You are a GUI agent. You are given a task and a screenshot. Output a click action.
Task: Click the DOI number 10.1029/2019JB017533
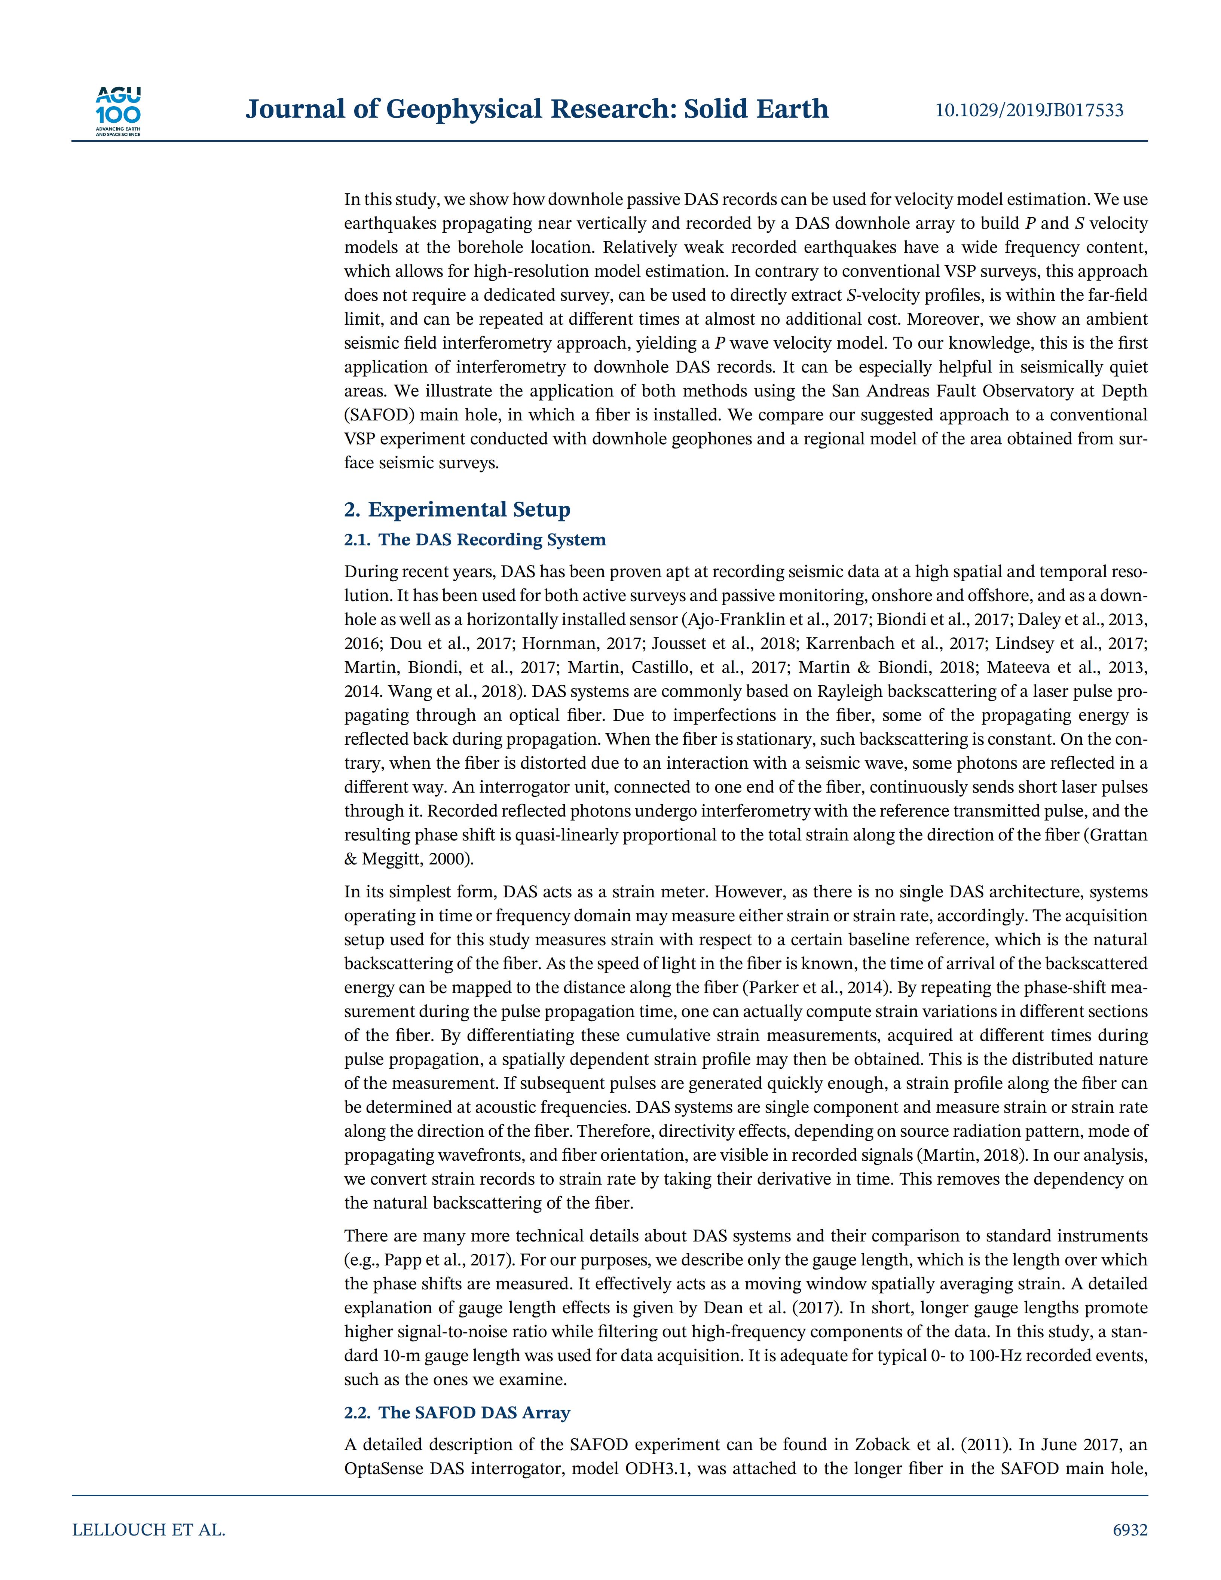pyautogui.click(x=1029, y=110)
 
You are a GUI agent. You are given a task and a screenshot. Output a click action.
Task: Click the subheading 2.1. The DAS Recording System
pyautogui.click(x=475, y=540)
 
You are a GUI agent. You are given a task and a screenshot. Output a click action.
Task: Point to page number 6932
pyautogui.click(x=1130, y=1530)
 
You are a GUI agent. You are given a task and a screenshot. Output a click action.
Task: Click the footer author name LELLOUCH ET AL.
pyautogui.click(x=149, y=1530)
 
